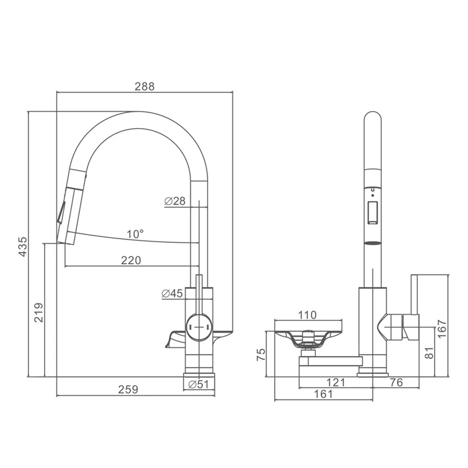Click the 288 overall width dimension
[x=145, y=86]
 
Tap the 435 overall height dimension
[x=22, y=247]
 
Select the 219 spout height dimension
[x=39, y=313]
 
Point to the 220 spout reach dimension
[x=131, y=260]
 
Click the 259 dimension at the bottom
[x=128, y=389]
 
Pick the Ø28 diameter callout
[x=175, y=201]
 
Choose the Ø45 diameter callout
[x=172, y=294]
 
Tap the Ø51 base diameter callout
[x=198, y=384]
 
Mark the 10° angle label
[x=135, y=234]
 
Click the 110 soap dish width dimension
[x=307, y=315]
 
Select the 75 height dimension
[x=261, y=355]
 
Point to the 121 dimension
[x=336, y=382]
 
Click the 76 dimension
[x=396, y=382]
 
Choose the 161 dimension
[x=323, y=394]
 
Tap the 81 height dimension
[x=429, y=353]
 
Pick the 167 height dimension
[x=442, y=329]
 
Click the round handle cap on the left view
[x=199, y=327]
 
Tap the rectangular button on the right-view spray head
[x=373, y=212]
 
